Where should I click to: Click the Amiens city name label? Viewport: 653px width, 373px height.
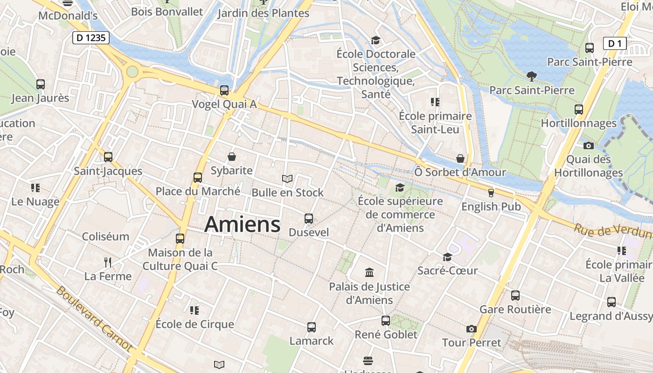(243, 224)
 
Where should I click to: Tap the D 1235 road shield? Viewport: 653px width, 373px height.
(91, 38)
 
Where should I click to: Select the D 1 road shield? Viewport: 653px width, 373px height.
(615, 44)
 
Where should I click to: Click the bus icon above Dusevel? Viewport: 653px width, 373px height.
(308, 218)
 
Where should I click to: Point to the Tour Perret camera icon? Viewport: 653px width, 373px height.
(472, 329)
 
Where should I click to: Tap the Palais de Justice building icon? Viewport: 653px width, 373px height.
(369, 272)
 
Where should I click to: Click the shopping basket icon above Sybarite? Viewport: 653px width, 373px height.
(232, 157)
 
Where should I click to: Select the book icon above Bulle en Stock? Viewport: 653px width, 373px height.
(287, 179)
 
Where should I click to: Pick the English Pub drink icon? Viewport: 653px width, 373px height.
(491, 193)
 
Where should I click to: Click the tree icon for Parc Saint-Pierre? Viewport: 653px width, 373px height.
(531, 76)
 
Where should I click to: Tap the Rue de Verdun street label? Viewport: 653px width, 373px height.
(611, 231)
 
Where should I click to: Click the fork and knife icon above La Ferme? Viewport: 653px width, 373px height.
(108, 262)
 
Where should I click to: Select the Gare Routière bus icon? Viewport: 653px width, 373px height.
(515, 295)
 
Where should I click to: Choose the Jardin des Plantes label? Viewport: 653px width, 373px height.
(264, 13)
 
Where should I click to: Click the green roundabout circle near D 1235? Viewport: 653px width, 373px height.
(132, 71)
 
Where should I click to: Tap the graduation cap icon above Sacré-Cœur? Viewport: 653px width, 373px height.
(447, 257)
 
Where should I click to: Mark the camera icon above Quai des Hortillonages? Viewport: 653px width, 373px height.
(589, 145)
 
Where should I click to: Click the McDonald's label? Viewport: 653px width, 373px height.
(68, 15)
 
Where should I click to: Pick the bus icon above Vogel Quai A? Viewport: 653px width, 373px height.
(224, 90)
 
